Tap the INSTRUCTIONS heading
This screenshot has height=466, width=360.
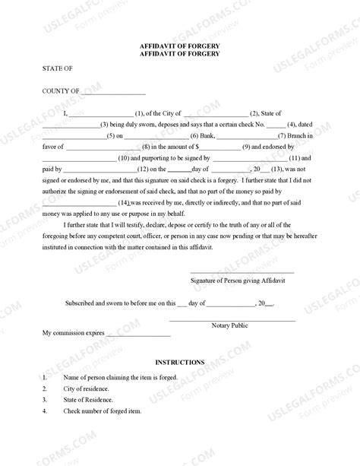179,363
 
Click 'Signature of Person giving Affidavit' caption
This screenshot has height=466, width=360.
242,279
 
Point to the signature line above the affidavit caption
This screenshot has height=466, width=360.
242,272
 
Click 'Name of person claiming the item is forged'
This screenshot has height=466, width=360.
121,376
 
